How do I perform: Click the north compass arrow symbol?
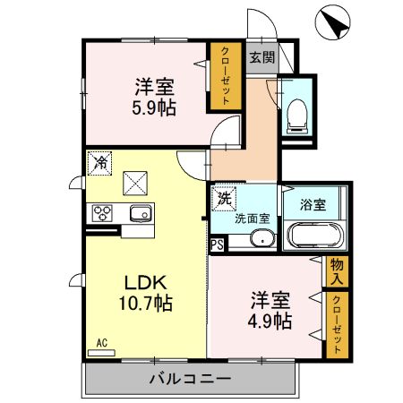pyautogui.click(x=334, y=22)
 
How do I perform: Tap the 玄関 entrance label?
pyautogui.click(x=261, y=58)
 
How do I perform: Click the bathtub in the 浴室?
pyautogui.click(x=313, y=236)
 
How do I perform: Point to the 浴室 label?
pyautogui.click(x=313, y=203)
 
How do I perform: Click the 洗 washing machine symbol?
pyautogui.click(x=225, y=198)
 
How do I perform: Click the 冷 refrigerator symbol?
pyautogui.click(x=99, y=163)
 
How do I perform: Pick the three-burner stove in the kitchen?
pyautogui.click(x=101, y=213)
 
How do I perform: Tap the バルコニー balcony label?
pyautogui.click(x=189, y=378)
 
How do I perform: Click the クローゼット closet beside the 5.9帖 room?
pyautogui.click(x=222, y=76)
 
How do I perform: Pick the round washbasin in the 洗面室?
pyautogui.click(x=262, y=238)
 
